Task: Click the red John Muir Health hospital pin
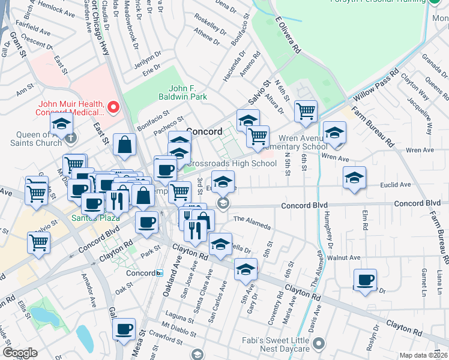point(112,108)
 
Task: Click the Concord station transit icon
point(159,273)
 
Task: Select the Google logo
point(20,353)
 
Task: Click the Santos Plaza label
point(88,217)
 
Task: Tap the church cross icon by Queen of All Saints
point(71,137)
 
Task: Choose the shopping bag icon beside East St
point(124,145)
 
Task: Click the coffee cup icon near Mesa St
point(124,329)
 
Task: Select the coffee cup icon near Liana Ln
point(364,280)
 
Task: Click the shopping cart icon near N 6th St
point(306,111)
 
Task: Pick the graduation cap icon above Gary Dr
point(245,269)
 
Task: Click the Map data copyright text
point(423,355)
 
